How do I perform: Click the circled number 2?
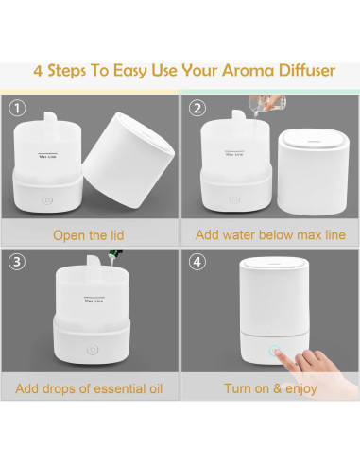click(197, 109)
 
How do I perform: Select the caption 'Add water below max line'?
click(270, 234)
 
